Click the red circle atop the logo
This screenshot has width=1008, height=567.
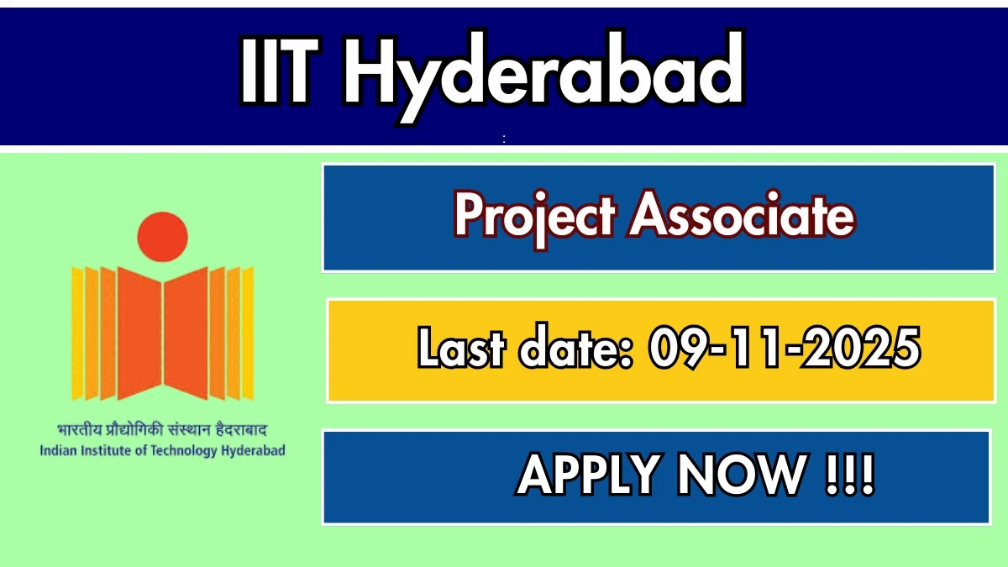pyautogui.click(x=162, y=234)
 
